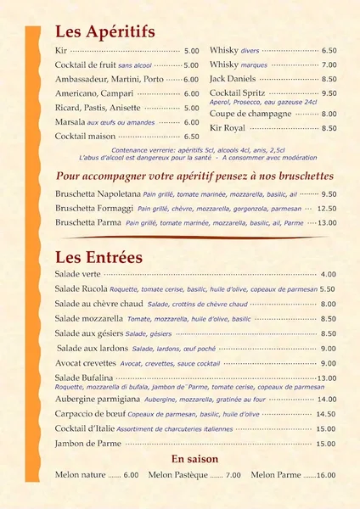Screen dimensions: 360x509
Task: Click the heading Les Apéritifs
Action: pos(104,32)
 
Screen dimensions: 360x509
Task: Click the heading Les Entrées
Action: pos(98,256)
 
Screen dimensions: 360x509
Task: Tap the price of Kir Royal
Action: pos(329,129)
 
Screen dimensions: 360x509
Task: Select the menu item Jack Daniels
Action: pos(231,78)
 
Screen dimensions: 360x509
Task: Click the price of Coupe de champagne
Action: pos(329,114)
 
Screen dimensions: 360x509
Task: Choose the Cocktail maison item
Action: pos(85,136)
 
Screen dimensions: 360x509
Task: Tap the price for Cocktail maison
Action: pos(191,137)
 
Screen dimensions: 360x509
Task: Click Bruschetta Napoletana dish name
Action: pos(98,193)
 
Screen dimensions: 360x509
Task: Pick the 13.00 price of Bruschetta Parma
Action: pos(327,222)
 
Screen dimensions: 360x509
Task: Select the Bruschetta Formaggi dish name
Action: pos(93,208)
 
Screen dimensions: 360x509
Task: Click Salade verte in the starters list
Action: pos(78,274)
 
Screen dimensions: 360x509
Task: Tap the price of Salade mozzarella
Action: pos(328,319)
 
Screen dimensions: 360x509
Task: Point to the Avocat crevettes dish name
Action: pos(86,363)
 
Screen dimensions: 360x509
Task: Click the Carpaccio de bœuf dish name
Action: pos(90,414)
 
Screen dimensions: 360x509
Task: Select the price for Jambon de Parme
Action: pos(326,444)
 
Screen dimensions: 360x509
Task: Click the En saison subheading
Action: pos(195,459)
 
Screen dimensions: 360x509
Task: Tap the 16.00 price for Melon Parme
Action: pos(326,476)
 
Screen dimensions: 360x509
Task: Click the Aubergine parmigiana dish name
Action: pos(97,399)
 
